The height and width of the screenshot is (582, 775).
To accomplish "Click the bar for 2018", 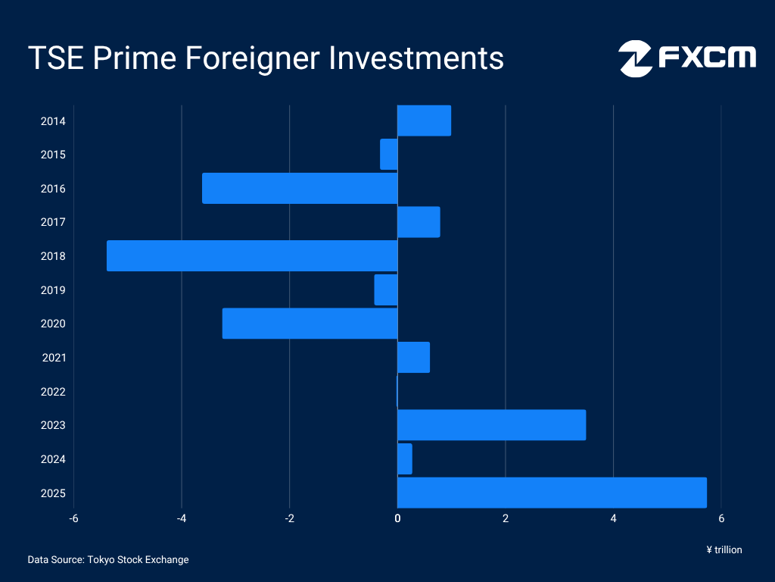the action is click(x=252, y=256).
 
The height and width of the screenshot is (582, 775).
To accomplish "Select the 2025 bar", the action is click(x=552, y=493).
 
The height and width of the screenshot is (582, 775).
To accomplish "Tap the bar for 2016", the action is click(x=300, y=188).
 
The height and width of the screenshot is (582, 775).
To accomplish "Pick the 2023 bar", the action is click(x=492, y=425).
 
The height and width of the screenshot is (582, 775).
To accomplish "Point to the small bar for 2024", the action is click(x=405, y=458).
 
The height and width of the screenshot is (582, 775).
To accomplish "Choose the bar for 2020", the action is click(x=310, y=324).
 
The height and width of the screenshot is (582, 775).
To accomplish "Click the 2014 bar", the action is click(x=424, y=120).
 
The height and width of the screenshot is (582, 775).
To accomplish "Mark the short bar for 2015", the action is click(x=389, y=155).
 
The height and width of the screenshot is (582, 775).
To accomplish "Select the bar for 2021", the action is click(x=414, y=358).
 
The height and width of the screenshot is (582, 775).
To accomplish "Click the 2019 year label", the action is click(x=53, y=290).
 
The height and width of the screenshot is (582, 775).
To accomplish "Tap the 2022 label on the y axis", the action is click(x=53, y=392).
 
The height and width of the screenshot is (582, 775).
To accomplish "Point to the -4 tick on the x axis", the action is click(x=182, y=518).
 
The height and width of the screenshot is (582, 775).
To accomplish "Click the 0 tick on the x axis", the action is click(x=397, y=518).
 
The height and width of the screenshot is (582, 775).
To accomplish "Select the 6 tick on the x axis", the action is click(x=721, y=518).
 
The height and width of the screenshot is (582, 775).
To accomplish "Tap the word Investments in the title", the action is click(x=416, y=58).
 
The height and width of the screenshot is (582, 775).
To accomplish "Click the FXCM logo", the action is click(x=687, y=58).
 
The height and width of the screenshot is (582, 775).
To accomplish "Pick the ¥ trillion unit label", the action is click(x=724, y=550).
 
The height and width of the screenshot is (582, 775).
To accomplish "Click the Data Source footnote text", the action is click(x=108, y=560).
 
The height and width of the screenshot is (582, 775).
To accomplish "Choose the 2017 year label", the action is click(x=53, y=222).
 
